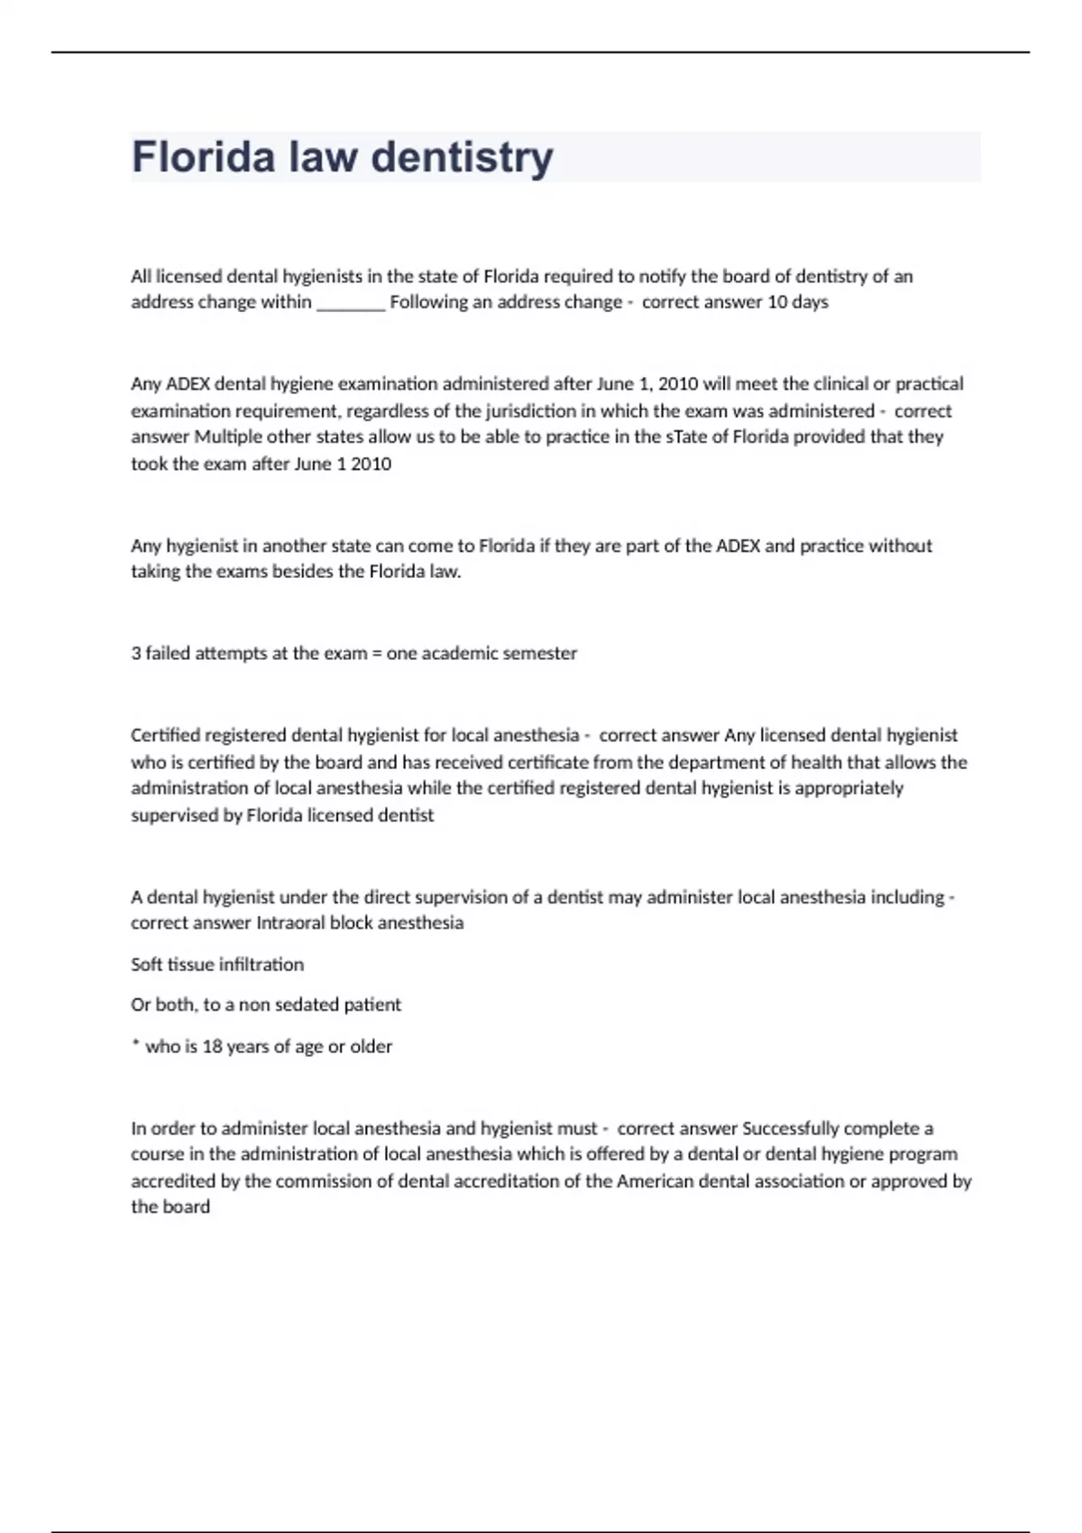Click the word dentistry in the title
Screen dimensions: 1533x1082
point(462,157)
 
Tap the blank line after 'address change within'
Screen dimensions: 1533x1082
point(351,303)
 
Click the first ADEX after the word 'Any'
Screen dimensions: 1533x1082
point(188,384)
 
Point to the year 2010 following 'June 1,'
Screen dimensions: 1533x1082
point(678,384)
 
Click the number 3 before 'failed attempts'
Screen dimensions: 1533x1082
point(135,653)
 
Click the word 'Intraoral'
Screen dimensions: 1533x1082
point(290,923)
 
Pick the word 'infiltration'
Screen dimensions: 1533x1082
point(261,964)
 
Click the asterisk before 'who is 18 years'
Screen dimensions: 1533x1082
point(135,1044)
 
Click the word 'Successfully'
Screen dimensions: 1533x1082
point(790,1128)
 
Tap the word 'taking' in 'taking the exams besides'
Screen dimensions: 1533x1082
point(155,572)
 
